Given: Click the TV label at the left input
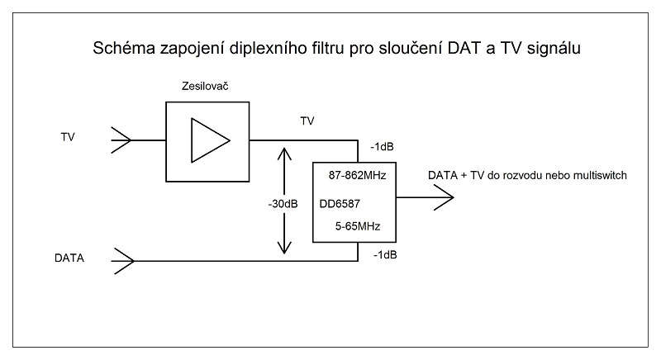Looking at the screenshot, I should point(68,136).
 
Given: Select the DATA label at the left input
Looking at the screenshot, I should point(70,258).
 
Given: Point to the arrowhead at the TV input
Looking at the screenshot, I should point(120,140).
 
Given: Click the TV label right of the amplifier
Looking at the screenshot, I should point(308,121).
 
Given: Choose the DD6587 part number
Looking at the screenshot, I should point(344,203).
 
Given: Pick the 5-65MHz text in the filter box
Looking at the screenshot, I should point(356,225).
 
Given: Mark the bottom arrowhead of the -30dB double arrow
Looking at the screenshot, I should point(284,250).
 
